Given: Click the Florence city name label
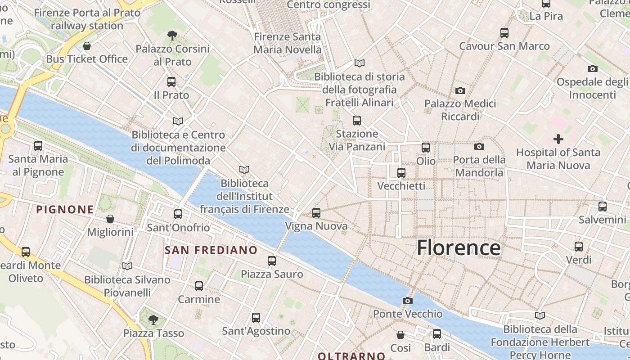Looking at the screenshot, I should [x=458, y=248].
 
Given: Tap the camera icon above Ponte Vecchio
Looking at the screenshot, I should [x=408, y=301].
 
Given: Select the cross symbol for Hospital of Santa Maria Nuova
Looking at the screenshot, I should [x=558, y=139].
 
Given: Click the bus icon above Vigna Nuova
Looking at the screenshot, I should [x=316, y=213].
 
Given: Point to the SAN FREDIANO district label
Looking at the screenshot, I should [x=211, y=250].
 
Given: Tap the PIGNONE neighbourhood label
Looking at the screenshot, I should [x=65, y=209].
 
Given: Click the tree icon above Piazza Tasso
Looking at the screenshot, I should [x=153, y=320].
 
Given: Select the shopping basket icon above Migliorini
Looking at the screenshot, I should [x=110, y=219].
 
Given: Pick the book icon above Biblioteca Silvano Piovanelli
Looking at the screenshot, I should [x=127, y=266].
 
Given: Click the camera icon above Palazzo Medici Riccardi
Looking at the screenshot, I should [x=460, y=90].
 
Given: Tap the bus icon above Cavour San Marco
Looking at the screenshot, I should [x=504, y=33].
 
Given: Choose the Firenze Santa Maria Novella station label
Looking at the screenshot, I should [x=288, y=43].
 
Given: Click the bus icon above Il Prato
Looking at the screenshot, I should [x=171, y=82].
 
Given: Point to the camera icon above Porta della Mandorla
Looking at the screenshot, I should [x=479, y=146].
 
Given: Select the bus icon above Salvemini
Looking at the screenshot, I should [x=602, y=207].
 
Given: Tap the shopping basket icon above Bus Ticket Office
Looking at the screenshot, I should [x=87, y=46].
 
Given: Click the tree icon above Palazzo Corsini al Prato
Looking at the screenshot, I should [x=172, y=35].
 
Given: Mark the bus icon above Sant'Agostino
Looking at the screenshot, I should [x=256, y=318].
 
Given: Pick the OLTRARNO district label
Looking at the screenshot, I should [x=351, y=356].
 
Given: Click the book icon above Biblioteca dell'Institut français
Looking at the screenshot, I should [x=244, y=170].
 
